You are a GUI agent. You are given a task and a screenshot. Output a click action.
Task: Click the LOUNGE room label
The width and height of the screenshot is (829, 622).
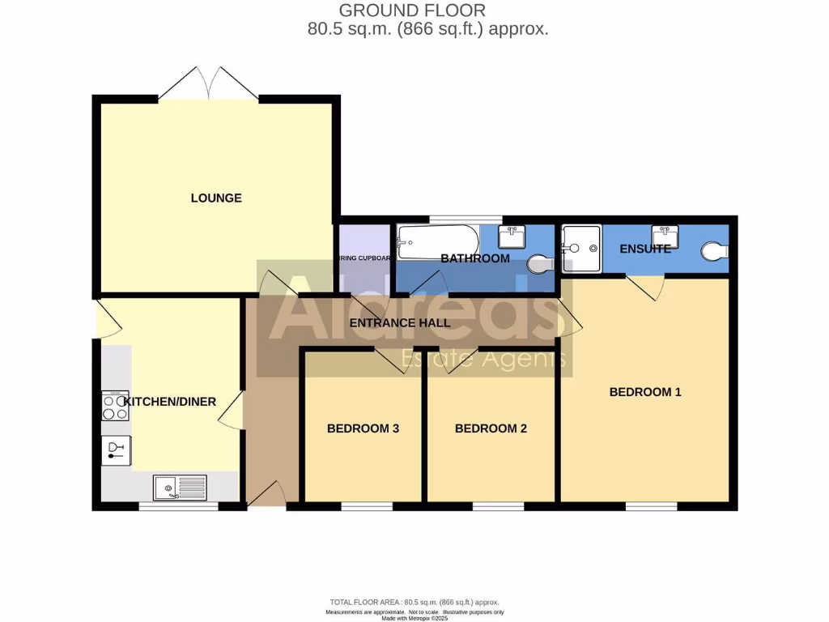point(216,198)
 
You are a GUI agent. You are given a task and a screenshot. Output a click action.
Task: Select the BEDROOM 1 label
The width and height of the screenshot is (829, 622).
point(645,392)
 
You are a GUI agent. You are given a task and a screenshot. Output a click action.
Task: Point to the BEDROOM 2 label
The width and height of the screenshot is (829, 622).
point(491,428)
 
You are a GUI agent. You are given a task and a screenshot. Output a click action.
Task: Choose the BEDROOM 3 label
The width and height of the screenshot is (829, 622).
point(363,428)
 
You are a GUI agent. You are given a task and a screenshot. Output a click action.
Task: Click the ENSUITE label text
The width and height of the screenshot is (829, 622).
point(644,249)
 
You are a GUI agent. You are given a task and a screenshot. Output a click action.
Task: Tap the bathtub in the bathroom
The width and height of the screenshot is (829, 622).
point(437,241)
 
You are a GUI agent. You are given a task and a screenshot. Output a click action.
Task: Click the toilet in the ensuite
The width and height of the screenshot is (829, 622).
point(713,252)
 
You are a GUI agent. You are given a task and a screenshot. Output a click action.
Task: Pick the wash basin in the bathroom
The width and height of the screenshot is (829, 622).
point(512,236)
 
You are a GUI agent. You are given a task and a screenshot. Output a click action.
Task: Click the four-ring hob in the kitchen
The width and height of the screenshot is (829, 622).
point(114,406)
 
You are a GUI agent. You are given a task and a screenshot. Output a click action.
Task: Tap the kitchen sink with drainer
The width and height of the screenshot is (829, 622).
point(180,488)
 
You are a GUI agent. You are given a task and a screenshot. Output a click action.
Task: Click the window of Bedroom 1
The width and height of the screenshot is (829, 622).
point(651,507)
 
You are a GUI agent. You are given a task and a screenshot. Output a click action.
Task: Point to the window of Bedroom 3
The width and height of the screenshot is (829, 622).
point(366,507)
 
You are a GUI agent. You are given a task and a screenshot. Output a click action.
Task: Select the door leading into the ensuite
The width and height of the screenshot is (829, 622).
point(646,283)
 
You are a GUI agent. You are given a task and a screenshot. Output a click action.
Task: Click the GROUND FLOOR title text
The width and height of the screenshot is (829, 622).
point(412,11)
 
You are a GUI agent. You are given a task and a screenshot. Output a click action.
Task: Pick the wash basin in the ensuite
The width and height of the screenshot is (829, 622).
point(665,236)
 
